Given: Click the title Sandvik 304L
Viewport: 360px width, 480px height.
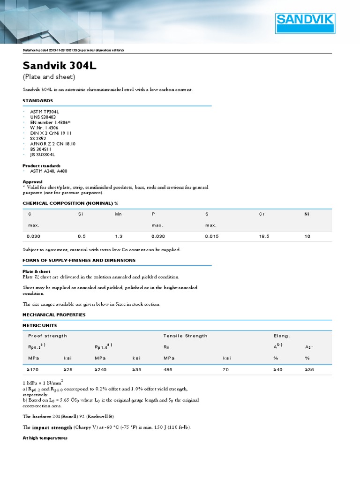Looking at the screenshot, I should click(x=60, y=65).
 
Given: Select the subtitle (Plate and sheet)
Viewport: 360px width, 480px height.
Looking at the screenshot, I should click(x=49, y=77).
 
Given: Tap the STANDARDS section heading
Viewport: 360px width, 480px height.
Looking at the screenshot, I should click(x=37, y=101).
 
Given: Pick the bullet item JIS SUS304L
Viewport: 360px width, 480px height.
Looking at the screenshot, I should click(x=43, y=154).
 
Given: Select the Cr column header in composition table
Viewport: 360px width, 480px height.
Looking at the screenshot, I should click(x=262, y=214).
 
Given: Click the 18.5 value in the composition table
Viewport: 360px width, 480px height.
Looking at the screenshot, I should click(x=264, y=236).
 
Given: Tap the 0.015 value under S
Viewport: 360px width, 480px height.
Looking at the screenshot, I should click(x=211, y=236).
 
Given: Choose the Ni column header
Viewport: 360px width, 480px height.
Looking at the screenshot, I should click(x=307, y=214).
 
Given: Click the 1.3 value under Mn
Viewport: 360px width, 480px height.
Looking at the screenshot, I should click(x=119, y=236).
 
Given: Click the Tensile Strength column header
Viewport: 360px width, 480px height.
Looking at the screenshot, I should click(x=185, y=336).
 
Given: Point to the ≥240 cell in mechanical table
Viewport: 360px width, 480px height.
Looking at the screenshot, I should click(x=101, y=369).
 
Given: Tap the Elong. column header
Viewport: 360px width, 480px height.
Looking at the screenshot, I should click(x=282, y=336).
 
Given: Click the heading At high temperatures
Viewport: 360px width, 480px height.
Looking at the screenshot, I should click(x=45, y=438).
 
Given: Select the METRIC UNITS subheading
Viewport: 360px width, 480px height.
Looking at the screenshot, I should click(x=40, y=325).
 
